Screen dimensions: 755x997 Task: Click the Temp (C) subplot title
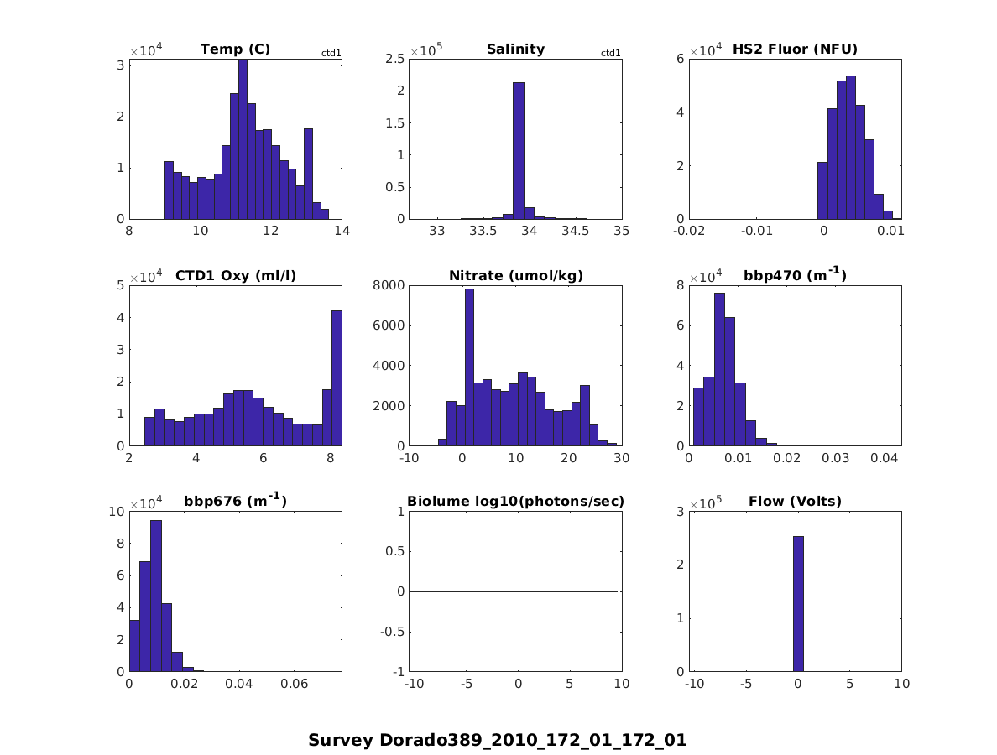tap(235, 49)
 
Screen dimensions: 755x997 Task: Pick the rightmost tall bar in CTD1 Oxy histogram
tap(337, 378)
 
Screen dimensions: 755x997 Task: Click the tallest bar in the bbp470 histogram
tap(719, 369)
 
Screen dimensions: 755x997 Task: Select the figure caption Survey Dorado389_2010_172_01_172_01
tap(498, 741)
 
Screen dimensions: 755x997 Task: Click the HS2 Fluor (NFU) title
tap(795, 49)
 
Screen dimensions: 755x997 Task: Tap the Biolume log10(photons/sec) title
tap(515, 502)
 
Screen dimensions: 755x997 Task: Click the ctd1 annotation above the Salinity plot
tap(610, 54)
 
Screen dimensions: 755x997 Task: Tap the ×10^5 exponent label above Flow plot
tap(705, 502)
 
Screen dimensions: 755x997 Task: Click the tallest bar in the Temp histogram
tap(243, 139)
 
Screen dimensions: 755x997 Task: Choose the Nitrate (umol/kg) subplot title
tap(515, 276)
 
